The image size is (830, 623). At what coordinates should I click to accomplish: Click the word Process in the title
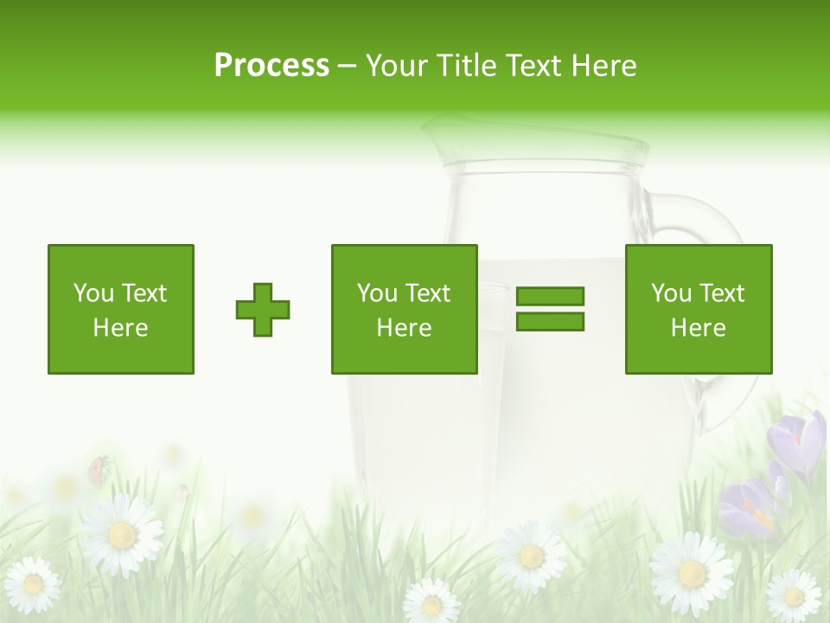[271, 66]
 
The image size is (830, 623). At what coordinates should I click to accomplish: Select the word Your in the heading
[398, 66]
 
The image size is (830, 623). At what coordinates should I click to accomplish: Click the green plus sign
[263, 309]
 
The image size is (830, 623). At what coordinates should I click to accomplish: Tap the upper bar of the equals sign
[550, 296]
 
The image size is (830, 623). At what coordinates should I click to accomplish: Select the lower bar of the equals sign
[550, 321]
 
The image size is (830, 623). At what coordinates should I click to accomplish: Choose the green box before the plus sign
[121, 309]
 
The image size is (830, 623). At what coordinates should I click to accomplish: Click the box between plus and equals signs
[404, 309]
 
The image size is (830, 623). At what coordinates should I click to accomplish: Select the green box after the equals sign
[699, 309]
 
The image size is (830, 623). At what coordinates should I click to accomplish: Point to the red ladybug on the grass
[99, 469]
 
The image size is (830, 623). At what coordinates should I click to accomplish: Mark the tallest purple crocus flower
[801, 441]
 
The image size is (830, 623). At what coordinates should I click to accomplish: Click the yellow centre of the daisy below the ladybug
[122, 536]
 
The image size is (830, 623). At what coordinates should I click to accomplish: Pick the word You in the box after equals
[671, 293]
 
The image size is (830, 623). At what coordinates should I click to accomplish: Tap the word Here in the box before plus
[121, 328]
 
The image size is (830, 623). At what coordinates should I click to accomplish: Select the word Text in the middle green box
[428, 293]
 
